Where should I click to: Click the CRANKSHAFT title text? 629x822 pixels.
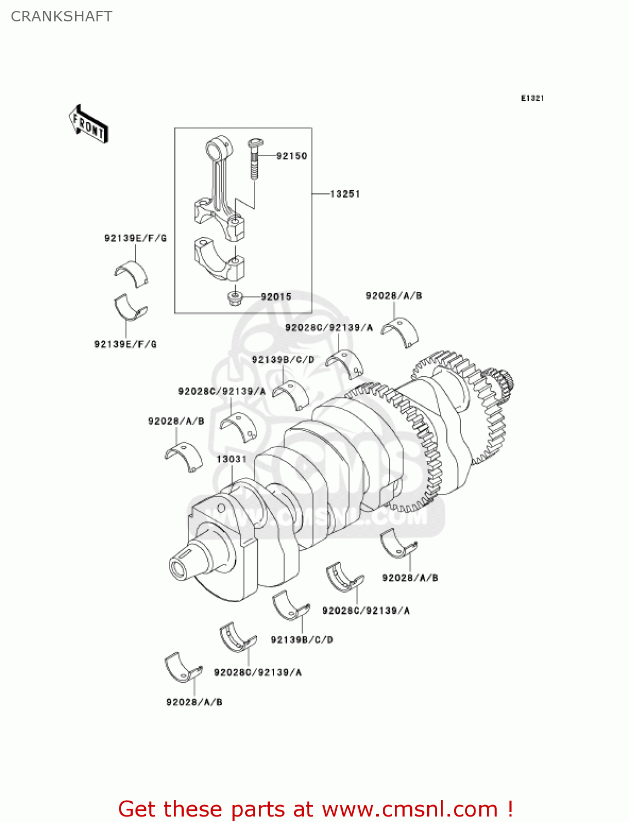(x=61, y=16)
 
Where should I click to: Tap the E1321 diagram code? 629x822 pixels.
(x=532, y=98)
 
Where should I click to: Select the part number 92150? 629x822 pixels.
(x=291, y=156)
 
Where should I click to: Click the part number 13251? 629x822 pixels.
(x=344, y=194)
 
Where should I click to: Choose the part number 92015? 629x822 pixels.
(x=276, y=297)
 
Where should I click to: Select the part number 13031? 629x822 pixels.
(x=231, y=459)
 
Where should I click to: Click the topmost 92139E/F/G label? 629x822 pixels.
(x=135, y=238)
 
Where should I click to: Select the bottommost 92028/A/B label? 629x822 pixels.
(x=194, y=702)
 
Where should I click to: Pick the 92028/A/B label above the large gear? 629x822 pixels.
(x=394, y=296)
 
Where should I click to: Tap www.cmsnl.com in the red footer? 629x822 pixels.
(x=409, y=809)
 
